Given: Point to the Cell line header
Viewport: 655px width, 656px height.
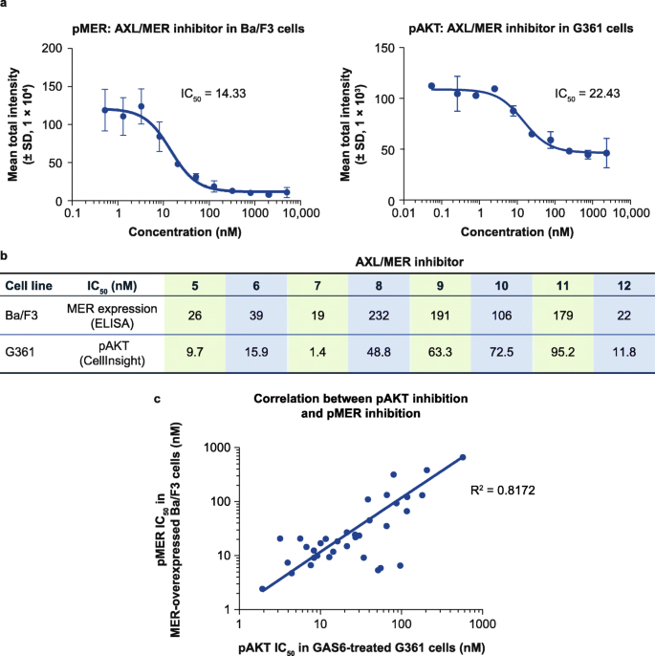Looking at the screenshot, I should click(29, 284).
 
